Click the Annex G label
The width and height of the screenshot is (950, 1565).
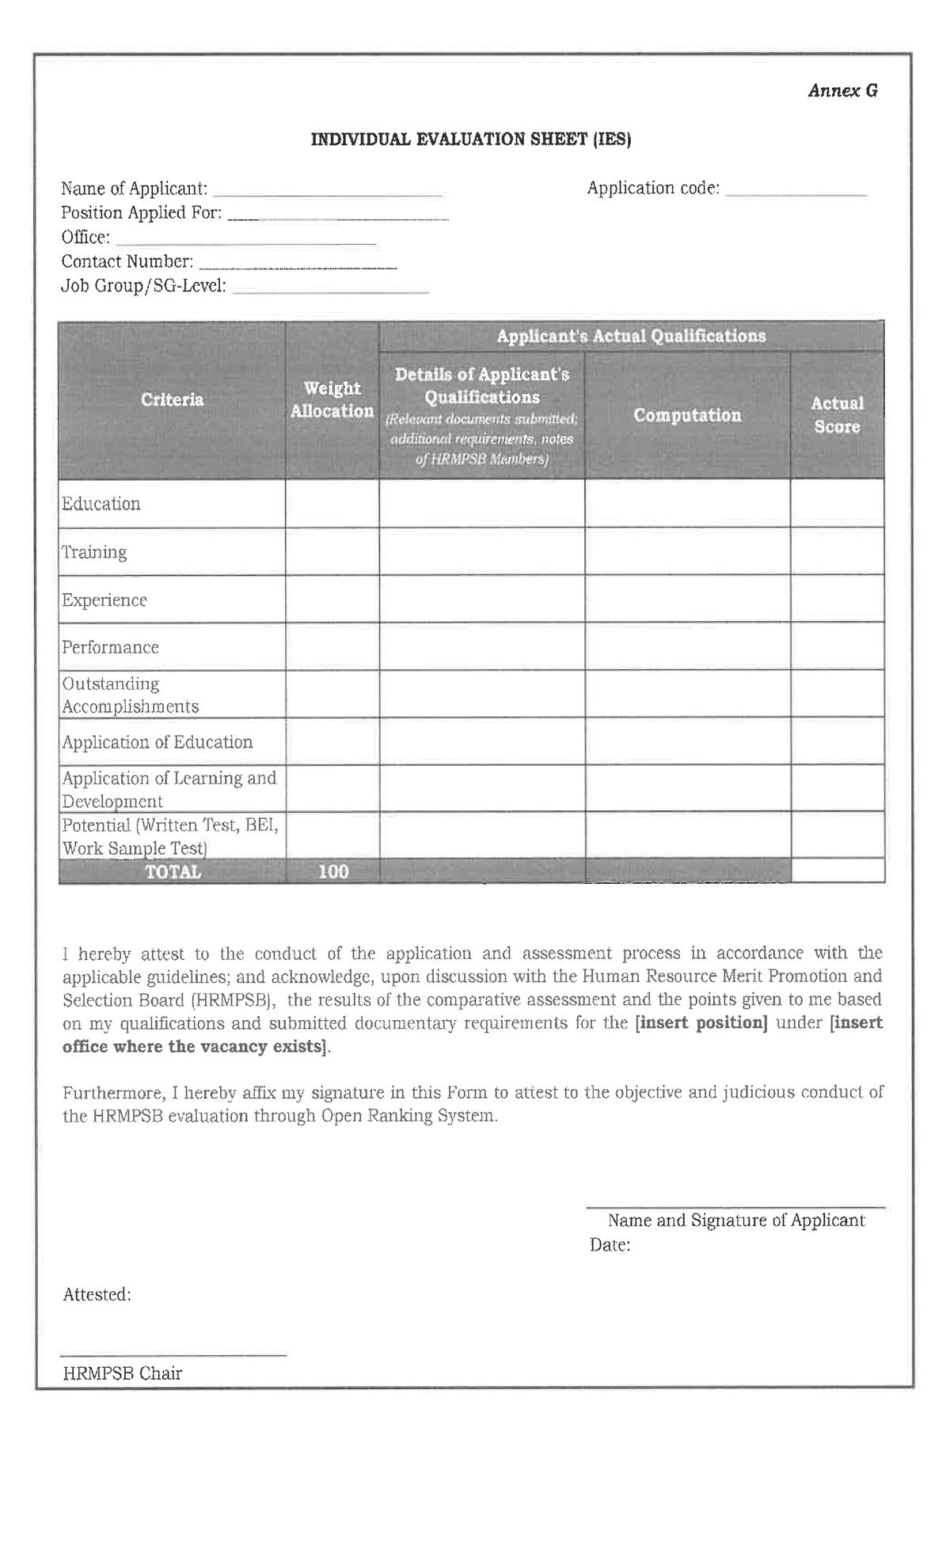842,91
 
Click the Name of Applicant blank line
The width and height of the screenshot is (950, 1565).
328,194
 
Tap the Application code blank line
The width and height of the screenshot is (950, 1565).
796,193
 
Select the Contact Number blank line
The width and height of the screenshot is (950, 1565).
298,268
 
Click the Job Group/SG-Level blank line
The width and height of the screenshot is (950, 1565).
331,291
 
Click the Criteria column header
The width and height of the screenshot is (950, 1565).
172,400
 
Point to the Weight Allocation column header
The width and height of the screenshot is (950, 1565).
332,400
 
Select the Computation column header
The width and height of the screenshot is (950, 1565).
686,415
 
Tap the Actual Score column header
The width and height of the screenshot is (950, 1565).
837,415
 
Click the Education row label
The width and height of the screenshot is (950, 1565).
101,504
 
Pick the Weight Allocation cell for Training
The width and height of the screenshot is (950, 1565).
332,552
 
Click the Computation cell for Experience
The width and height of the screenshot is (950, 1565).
686,600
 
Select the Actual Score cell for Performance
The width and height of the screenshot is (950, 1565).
837,647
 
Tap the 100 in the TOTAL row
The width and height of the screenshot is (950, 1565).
333,871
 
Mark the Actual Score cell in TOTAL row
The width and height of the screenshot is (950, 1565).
837,871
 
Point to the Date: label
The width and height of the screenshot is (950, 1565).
610,1245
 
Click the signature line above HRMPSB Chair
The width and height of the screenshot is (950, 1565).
173,1355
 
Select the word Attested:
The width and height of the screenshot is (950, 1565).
97,1294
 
